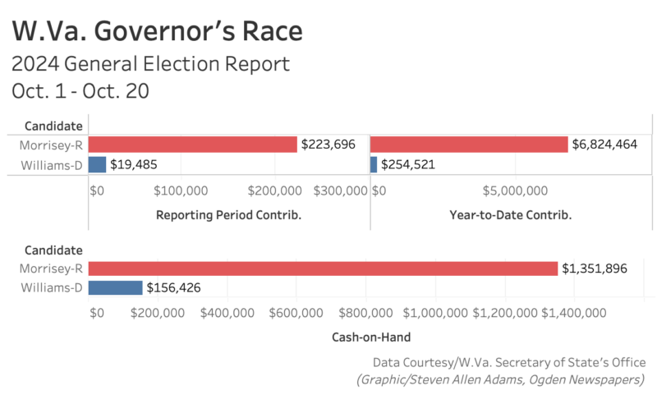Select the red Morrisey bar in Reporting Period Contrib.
192,145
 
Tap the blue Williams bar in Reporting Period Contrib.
97,164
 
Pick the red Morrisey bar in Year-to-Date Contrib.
469,145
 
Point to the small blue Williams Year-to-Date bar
374,164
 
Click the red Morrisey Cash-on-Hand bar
323,269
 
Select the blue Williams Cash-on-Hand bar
115,287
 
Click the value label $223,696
328,145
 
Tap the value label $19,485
134,164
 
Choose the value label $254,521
408,164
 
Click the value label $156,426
173,287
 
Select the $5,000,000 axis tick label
513,191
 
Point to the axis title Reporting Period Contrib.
228,215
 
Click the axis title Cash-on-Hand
371,337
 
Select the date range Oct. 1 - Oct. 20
80,91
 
